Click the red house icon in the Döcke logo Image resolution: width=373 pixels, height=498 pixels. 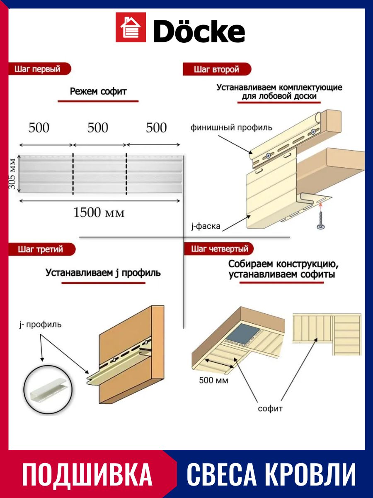tap(131, 27)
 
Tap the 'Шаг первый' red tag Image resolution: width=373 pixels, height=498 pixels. tap(38, 69)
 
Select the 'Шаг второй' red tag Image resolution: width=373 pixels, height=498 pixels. tap(216, 69)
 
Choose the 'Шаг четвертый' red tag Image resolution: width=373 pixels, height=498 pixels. tap(220, 249)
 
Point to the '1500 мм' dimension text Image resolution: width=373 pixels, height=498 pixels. tap(99, 213)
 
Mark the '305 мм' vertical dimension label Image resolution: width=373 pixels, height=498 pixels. tap(13, 173)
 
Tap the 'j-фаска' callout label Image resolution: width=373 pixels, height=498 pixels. tap(206, 226)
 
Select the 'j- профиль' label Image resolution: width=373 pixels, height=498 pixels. tap(40, 324)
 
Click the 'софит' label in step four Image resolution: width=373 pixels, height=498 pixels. tap(270, 408)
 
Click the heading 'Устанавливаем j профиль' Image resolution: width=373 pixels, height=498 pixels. tap(103, 273)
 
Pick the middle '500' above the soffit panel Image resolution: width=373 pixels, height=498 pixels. tap(98, 128)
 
